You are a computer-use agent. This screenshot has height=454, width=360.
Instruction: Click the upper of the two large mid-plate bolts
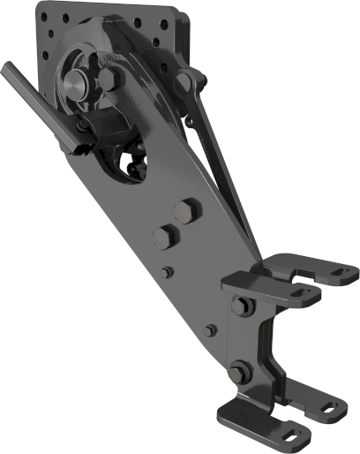(x=185, y=212)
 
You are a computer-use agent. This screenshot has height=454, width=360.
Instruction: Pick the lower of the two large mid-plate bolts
(x=164, y=236)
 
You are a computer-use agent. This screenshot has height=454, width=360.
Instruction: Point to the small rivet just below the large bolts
(x=167, y=271)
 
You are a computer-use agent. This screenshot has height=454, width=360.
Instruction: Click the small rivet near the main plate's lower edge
(x=209, y=330)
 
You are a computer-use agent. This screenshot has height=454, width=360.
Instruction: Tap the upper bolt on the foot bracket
(x=238, y=306)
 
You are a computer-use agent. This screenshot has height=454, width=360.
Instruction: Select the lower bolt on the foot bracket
(x=239, y=373)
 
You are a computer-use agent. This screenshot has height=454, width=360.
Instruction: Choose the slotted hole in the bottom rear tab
(x=329, y=408)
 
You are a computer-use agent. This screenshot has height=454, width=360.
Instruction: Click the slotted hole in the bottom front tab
(x=291, y=435)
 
